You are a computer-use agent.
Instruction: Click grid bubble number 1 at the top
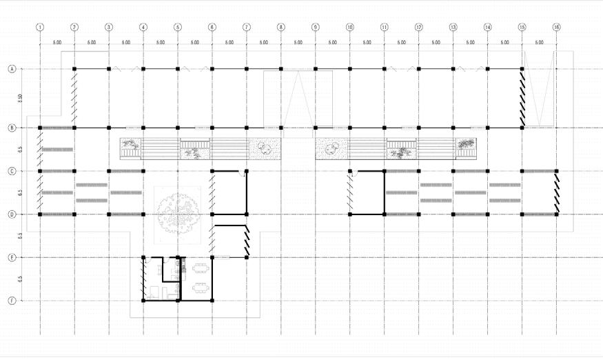(40, 28)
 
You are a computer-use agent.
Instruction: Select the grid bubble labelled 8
(281, 28)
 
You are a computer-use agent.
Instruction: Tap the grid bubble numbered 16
(556, 28)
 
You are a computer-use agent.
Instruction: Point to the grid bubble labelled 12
(418, 28)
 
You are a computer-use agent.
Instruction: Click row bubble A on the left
(12, 69)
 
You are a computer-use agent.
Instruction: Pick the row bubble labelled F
(12, 301)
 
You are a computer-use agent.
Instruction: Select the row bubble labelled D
(12, 214)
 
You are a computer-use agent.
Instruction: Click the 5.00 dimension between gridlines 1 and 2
(57, 43)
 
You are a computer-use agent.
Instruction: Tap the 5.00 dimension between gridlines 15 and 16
(539, 43)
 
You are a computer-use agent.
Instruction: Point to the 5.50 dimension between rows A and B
(21, 99)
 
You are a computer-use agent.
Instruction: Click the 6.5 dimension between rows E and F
(21, 279)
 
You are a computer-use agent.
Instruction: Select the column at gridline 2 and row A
(74, 69)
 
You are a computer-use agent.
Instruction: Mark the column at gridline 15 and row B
(522, 128)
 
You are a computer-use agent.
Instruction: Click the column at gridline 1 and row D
(40, 214)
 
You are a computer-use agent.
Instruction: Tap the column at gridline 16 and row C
(556, 171)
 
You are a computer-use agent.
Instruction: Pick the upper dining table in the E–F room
(201, 268)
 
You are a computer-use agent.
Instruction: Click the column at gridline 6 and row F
(212, 301)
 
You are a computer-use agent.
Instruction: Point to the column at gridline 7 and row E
(247, 257)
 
